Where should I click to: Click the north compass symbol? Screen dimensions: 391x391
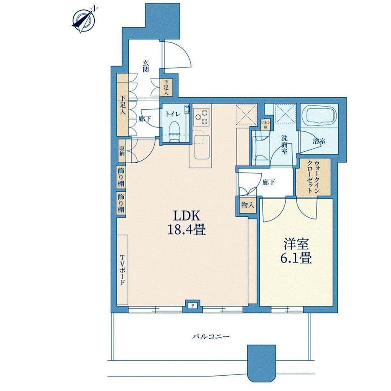click(x=84, y=20)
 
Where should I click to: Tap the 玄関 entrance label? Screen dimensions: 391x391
click(x=146, y=66)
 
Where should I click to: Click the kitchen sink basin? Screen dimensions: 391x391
click(x=202, y=147)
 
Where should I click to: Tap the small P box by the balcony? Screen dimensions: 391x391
click(x=193, y=306)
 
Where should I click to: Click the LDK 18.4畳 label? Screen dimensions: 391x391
click(x=186, y=223)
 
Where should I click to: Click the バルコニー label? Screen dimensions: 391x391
click(x=211, y=337)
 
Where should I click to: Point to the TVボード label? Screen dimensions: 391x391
click(x=122, y=270)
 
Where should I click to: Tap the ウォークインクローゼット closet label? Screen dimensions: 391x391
click(x=314, y=176)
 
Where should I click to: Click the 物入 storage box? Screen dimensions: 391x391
click(x=248, y=205)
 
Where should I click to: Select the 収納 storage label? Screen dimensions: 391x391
click(x=122, y=150)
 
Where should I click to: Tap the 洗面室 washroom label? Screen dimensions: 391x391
click(x=284, y=144)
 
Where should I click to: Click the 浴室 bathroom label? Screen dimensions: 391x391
click(x=319, y=141)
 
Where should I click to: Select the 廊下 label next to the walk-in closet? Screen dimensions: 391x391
click(x=269, y=182)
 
